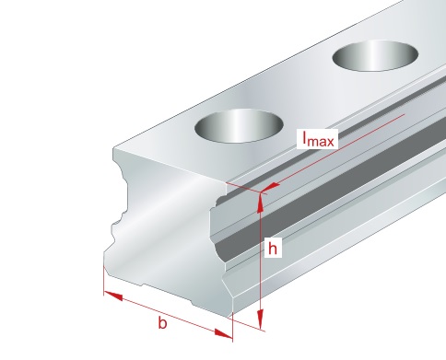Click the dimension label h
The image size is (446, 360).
click(273, 249)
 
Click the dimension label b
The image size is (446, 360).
click(162, 323)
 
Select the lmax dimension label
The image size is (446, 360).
click(318, 139)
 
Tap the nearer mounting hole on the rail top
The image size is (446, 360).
click(239, 125)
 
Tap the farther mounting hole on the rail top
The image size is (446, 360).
click(375, 56)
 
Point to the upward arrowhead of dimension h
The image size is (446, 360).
click(260, 203)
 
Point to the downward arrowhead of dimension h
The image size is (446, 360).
click(261, 319)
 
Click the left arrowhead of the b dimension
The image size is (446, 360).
click(113, 296)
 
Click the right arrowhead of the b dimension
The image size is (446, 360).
click(224, 334)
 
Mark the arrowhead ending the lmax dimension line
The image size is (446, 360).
click(270, 187)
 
